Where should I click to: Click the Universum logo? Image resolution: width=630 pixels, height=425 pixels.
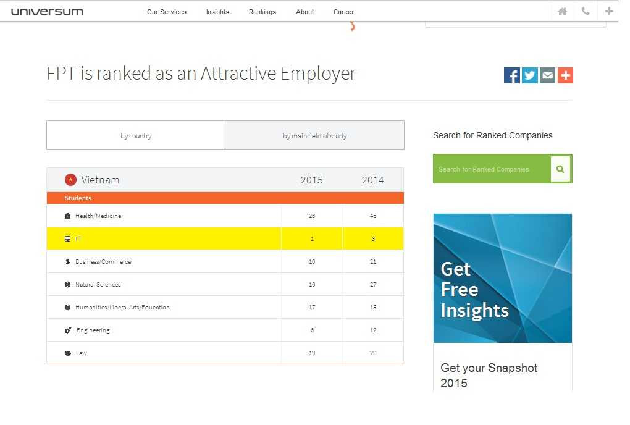(47, 11)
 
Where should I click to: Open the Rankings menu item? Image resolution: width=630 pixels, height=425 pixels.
(262, 12)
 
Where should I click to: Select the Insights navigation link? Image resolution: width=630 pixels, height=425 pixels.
(217, 12)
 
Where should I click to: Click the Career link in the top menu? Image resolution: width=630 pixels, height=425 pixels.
(343, 12)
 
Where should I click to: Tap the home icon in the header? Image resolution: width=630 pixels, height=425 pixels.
(562, 11)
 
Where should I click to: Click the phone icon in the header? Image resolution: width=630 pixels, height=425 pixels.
(585, 11)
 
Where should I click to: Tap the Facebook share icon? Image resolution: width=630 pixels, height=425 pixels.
(512, 75)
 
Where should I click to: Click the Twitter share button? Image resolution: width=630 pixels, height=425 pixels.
(530, 75)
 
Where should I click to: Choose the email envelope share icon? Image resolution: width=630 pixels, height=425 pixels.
(547, 75)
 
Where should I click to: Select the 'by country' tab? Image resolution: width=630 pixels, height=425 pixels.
(136, 136)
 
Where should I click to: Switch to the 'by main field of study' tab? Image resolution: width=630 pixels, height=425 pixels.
(314, 136)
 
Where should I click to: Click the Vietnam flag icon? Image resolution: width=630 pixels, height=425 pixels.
(70, 180)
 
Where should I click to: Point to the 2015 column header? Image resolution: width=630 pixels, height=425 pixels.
(311, 180)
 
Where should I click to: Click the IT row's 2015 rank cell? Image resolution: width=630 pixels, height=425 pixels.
(312, 238)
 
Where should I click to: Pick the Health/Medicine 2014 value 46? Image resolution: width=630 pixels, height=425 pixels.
(373, 216)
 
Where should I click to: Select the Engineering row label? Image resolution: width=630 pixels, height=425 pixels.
(93, 330)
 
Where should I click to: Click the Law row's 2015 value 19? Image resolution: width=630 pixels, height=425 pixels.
(312, 353)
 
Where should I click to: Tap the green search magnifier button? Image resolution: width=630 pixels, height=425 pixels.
(560, 169)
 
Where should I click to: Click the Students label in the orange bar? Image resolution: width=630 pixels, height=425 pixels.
(78, 198)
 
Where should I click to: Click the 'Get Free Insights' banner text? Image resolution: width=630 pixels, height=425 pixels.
(474, 290)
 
